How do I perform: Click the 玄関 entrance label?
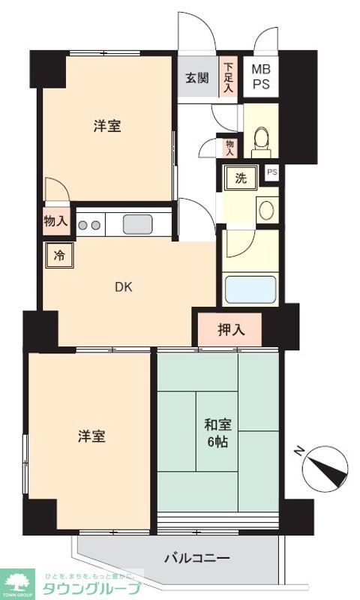click(x=198, y=77)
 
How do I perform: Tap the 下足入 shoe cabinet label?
click(x=228, y=77)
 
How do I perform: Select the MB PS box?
click(x=261, y=76)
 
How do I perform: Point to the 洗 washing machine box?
click(x=241, y=178)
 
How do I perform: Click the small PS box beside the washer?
click(x=272, y=172)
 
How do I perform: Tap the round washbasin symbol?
click(x=266, y=209)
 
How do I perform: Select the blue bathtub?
click(x=250, y=289)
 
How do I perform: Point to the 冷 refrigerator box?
click(x=58, y=255)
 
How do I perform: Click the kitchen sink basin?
click(x=137, y=223)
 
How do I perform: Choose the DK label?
click(x=124, y=286)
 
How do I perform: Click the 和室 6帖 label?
click(x=217, y=433)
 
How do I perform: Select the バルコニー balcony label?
click(x=196, y=558)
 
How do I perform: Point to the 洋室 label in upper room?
click(x=107, y=127)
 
